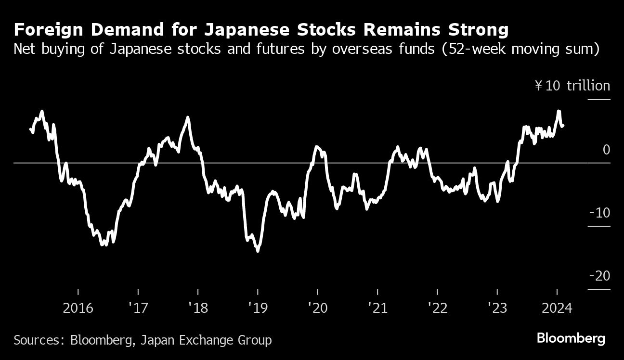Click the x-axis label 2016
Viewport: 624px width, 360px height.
tap(78, 308)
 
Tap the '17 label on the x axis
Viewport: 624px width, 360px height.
tap(138, 308)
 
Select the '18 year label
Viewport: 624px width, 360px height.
tap(198, 308)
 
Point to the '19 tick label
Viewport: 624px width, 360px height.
tap(258, 308)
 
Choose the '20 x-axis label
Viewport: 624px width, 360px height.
tap(318, 308)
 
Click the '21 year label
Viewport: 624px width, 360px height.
tap(377, 308)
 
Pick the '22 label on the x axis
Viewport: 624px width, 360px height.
tap(437, 308)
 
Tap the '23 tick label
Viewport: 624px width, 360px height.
tap(497, 308)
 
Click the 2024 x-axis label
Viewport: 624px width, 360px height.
tap(557, 308)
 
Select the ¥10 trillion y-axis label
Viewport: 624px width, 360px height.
tap(572, 86)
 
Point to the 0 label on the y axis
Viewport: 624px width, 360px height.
tap(606, 150)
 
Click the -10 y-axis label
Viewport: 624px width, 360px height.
tap(599, 213)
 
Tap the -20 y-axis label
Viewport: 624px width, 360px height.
tap(599, 276)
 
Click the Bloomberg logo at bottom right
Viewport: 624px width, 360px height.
tap(571, 338)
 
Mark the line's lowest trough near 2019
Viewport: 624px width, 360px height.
tap(258, 251)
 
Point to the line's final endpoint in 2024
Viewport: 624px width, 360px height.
tap(563, 126)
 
